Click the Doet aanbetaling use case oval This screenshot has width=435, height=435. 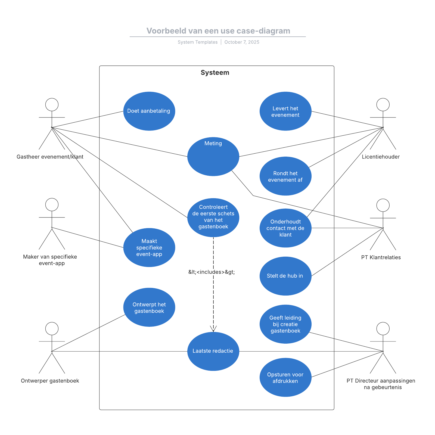(x=149, y=111)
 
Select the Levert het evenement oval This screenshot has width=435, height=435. (x=285, y=111)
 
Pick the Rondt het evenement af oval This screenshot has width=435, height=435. (x=285, y=176)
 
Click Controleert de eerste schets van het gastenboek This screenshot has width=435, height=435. (x=213, y=217)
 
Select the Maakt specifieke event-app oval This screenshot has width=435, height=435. (x=149, y=247)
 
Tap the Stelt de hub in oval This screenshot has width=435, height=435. (x=285, y=276)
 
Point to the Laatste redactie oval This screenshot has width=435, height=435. (x=213, y=351)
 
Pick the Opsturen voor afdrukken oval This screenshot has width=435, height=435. (x=285, y=377)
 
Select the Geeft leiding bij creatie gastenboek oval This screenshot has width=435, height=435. (x=285, y=324)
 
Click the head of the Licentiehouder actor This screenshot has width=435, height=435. (x=383, y=105)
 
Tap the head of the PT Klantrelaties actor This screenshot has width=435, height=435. (x=383, y=205)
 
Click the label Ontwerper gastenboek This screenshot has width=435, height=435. (x=50, y=381)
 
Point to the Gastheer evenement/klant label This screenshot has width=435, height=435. (x=50, y=157)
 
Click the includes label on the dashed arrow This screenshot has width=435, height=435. (x=212, y=272)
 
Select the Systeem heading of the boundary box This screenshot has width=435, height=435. (x=215, y=73)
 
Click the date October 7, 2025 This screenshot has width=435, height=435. (x=242, y=42)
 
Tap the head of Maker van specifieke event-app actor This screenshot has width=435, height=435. (x=52, y=204)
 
